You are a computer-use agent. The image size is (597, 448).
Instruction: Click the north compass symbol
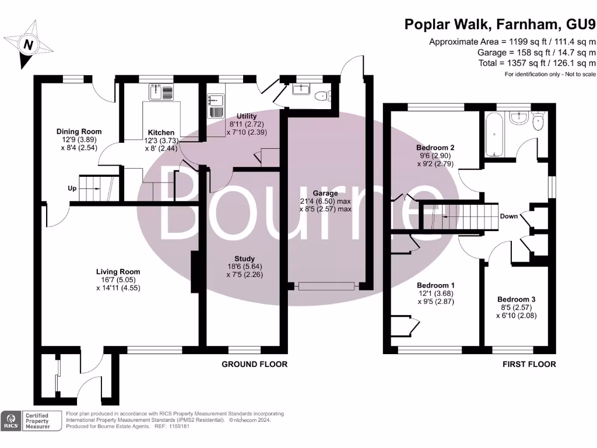point(27,44)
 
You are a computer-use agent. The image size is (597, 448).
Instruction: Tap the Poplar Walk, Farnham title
point(500,24)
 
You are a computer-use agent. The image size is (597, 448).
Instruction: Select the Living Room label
point(118,271)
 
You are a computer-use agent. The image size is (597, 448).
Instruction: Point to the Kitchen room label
point(161,132)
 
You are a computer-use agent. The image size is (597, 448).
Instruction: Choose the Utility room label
point(247,116)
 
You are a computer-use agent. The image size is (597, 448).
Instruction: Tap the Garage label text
point(325,192)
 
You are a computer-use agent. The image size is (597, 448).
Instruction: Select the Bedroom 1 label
point(435,285)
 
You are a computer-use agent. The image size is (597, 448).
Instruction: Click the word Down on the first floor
point(508,216)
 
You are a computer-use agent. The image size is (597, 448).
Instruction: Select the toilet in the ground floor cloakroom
point(322,96)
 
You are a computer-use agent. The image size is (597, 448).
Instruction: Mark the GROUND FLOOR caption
point(254,364)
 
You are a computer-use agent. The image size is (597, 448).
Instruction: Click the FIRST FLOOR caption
point(529,364)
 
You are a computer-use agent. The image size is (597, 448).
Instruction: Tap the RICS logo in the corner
point(10,421)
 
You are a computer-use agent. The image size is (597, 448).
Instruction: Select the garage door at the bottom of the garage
point(326,286)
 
